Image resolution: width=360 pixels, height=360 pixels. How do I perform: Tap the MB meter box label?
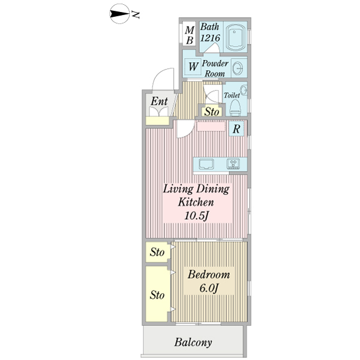(190, 35)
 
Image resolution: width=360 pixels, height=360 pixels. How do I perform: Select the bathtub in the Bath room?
(235, 37)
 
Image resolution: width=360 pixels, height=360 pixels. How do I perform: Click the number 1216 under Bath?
(210, 38)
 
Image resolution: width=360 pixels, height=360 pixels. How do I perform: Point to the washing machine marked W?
(193, 67)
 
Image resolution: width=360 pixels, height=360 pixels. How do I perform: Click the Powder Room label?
(215, 68)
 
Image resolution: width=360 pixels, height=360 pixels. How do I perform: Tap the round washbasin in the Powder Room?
(238, 68)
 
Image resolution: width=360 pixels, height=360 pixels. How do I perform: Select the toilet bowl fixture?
(235, 107)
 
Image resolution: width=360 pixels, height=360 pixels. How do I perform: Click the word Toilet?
(232, 95)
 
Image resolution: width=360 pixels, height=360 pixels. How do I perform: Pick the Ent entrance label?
(160, 101)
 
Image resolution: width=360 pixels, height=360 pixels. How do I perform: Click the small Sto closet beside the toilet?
(212, 112)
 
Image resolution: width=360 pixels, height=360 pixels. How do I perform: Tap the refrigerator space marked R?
(236, 128)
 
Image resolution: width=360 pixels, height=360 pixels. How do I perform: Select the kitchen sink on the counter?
(206, 164)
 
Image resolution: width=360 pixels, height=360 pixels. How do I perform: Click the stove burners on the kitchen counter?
(233, 164)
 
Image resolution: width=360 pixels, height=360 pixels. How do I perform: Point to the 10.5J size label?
(197, 215)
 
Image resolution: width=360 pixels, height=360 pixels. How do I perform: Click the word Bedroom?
(209, 275)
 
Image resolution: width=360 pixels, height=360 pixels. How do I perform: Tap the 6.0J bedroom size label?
(208, 288)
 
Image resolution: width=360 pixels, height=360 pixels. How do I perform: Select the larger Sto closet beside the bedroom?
(157, 294)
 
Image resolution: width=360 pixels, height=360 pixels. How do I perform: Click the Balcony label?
(193, 343)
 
